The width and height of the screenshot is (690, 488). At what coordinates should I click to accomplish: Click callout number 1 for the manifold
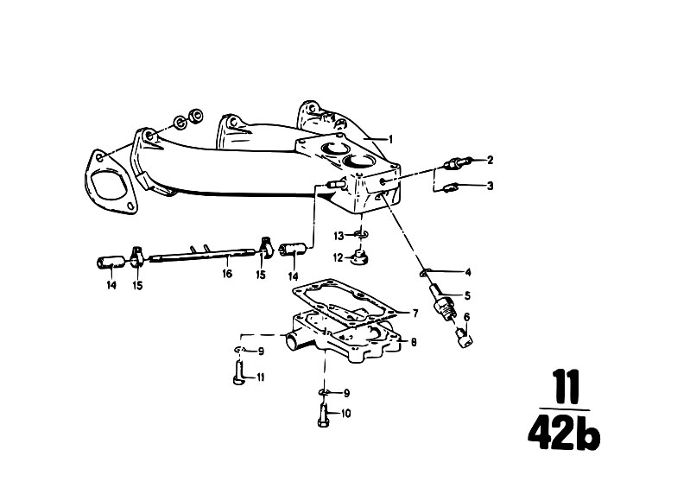[x=389, y=140]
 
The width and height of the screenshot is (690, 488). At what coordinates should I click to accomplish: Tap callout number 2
[x=491, y=160]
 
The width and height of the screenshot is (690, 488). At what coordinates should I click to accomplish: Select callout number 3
[x=491, y=186]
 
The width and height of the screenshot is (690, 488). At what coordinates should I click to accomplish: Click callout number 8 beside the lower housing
[x=414, y=342]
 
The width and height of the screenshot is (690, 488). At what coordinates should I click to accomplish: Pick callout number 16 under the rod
[x=227, y=274]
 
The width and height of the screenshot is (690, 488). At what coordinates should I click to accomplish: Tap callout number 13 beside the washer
[x=339, y=237]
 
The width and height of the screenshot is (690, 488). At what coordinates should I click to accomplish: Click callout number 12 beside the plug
[x=338, y=257]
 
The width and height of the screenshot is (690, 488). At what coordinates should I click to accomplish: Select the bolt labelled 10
[x=323, y=416]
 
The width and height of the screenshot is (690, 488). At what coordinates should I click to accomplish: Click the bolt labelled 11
[x=238, y=372]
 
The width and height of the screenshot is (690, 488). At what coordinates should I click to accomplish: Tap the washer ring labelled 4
[x=424, y=273]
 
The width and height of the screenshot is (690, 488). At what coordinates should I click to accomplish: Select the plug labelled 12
[x=358, y=257]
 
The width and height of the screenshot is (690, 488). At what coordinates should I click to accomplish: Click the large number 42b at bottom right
[x=564, y=432]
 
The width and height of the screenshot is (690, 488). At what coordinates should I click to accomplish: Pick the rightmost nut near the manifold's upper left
[x=195, y=116]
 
